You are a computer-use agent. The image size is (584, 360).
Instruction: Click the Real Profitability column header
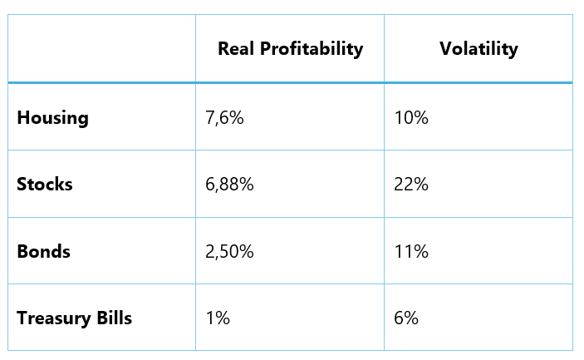tap(290, 49)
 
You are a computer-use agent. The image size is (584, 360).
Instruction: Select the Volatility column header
tap(478, 49)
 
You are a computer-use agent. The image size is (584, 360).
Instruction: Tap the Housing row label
tap(52, 117)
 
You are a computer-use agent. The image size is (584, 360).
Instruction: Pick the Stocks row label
tap(45, 185)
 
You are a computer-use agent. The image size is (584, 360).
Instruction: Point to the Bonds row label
tap(43, 251)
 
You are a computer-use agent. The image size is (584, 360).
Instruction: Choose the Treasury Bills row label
tap(74, 318)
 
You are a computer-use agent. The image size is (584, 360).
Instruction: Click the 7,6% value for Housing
tap(224, 118)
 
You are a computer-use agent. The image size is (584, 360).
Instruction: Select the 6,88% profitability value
tap(229, 185)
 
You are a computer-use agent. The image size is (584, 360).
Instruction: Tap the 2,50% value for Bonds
tap(229, 251)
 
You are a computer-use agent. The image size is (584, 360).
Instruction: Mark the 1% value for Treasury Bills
tap(217, 318)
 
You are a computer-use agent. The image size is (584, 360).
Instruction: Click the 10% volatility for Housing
tap(411, 118)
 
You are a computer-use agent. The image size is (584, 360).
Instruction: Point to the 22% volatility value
tap(411, 185)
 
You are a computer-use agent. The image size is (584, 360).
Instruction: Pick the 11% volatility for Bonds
tap(411, 251)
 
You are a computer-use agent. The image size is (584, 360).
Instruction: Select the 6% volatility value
tap(406, 318)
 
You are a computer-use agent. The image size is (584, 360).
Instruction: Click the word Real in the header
tap(236, 49)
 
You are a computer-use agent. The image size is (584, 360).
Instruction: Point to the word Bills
tap(113, 318)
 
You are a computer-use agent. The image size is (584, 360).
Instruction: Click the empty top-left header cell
tap(101, 48)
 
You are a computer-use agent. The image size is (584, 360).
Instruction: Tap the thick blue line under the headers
tap(290, 82)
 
